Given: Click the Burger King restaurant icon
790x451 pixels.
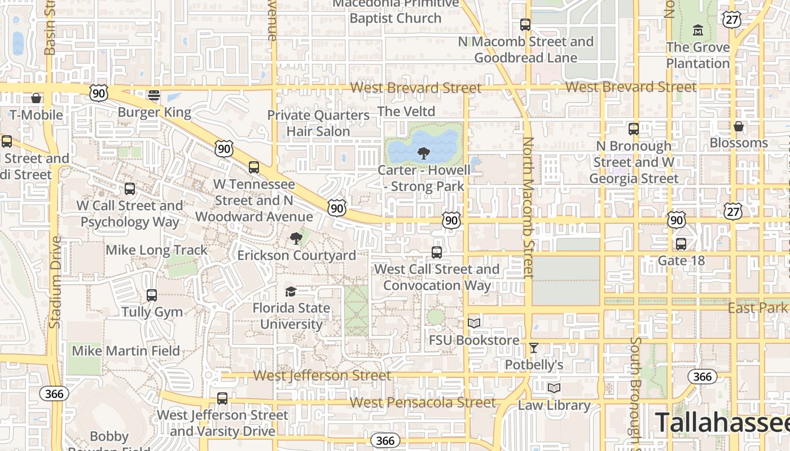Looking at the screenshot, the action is [x=154, y=95].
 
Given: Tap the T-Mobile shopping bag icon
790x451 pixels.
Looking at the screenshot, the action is [x=36, y=98].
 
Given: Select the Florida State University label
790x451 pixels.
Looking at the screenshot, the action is [x=291, y=316].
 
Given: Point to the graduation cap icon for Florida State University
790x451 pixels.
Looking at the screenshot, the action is [x=291, y=291].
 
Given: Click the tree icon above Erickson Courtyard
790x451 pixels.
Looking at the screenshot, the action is [x=296, y=238].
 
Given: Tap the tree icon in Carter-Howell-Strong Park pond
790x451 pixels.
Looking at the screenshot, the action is [x=423, y=153].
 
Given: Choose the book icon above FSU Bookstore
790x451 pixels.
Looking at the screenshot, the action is [x=474, y=323].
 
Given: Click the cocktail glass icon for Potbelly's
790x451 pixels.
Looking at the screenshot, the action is [x=534, y=348].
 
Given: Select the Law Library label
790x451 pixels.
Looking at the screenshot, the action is [x=554, y=405].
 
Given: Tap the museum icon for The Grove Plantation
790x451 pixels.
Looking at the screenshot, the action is [x=697, y=29].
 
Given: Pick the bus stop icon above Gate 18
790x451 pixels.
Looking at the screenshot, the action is [x=681, y=244].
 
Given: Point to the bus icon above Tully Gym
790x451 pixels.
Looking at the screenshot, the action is [x=152, y=295].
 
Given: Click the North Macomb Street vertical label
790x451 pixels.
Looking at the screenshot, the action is [x=528, y=207].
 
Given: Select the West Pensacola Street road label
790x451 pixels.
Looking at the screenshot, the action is [x=423, y=403].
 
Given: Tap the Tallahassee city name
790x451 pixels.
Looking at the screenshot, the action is [x=722, y=422].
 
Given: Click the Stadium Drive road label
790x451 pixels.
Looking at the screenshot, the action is [x=55, y=282].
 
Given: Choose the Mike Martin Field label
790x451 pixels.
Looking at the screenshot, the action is [x=126, y=351].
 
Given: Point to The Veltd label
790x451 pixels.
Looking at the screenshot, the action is [x=406, y=112].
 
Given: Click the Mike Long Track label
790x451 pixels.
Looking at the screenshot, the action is [x=157, y=250].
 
